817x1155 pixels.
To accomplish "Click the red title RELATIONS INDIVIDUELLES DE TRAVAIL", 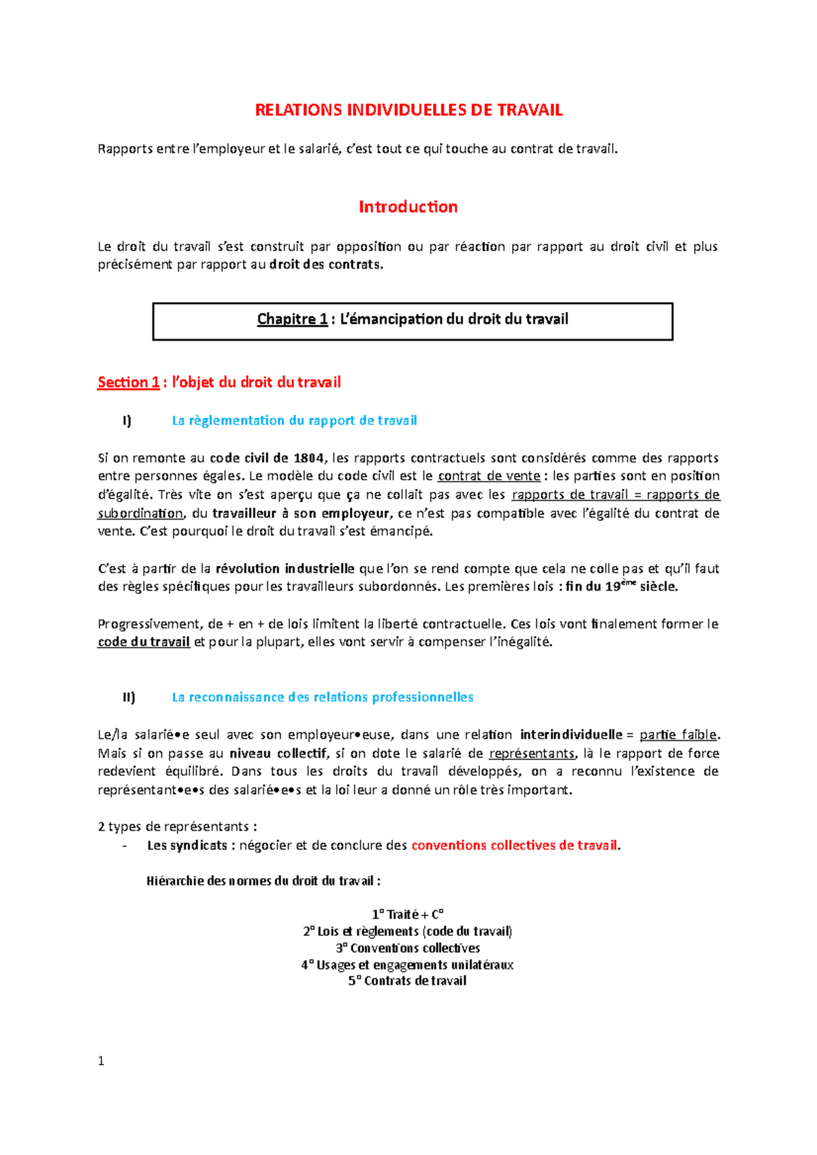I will [x=408, y=111].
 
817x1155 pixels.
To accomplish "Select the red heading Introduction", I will [x=408, y=207].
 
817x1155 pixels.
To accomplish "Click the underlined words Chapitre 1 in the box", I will [x=292, y=319].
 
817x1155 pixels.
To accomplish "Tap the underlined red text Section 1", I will [x=128, y=382].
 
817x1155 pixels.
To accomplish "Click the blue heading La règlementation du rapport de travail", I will [x=294, y=421].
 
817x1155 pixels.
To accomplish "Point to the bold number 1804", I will [x=308, y=458].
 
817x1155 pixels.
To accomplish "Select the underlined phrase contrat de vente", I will [x=489, y=476].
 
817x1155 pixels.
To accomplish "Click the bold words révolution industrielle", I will [x=285, y=569].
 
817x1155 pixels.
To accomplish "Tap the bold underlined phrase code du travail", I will [x=144, y=642].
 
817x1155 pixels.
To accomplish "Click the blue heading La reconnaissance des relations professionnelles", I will [x=323, y=697].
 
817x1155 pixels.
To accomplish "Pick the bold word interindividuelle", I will [x=571, y=735].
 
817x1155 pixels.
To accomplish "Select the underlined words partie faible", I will [x=678, y=735].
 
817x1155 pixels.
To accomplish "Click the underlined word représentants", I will [x=532, y=754].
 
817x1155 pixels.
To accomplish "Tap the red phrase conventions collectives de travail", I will [x=515, y=846].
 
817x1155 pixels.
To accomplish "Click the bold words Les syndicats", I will [x=187, y=846].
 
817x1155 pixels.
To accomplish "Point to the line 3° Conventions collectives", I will [x=408, y=948].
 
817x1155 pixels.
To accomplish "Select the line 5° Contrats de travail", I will [x=407, y=981].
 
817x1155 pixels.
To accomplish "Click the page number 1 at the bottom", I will [x=101, y=1061].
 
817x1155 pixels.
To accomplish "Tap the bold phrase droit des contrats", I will [x=325, y=265].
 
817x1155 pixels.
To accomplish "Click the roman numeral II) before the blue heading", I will [x=129, y=697].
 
